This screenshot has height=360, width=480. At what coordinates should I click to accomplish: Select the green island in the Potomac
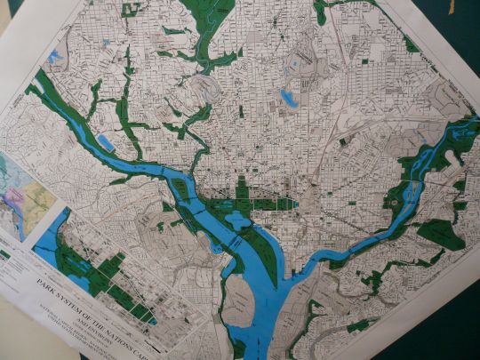(180, 188)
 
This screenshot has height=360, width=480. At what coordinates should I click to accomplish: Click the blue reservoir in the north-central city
(290, 97)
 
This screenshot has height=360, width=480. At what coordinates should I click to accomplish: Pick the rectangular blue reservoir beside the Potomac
(105, 142)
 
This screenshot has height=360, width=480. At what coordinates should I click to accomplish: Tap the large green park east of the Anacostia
(439, 233)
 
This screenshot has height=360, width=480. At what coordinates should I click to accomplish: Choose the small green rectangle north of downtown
(241, 112)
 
